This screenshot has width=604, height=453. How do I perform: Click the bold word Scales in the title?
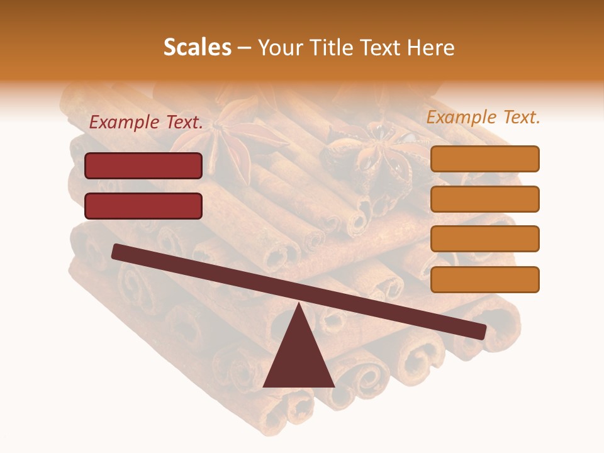[197, 47]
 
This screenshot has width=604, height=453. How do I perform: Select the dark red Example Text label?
[146, 123]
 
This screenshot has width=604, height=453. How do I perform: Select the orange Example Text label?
[483, 117]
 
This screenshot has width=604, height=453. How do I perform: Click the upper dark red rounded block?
[143, 165]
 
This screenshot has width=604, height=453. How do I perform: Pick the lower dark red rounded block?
[143, 206]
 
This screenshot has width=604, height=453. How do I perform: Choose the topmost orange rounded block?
[484, 159]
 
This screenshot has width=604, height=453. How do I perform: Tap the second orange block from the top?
[484, 199]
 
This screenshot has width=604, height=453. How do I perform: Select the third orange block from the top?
[484, 238]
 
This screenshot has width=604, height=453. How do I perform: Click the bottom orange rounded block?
[484, 279]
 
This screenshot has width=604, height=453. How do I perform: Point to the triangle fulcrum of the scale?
[299, 359]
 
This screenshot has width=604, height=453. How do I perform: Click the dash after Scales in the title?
[245, 47]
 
